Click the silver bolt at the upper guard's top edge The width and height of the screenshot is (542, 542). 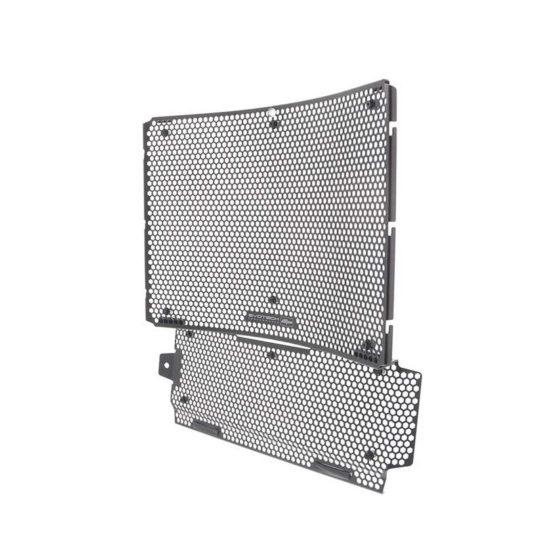click(271, 112)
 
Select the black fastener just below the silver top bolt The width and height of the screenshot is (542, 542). click(274, 124)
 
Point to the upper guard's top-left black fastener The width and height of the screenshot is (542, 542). click(165, 132)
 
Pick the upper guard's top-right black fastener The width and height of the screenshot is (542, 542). click(371, 104)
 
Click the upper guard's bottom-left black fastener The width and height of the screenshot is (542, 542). click(166, 312)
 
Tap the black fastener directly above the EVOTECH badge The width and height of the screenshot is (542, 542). click(272, 299)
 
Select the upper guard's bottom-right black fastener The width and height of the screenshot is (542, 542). click(369, 344)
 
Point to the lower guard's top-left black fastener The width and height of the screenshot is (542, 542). click(189, 333)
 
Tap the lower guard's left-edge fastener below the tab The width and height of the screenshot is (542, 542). click(184, 399)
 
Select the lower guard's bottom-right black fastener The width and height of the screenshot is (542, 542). click(369, 455)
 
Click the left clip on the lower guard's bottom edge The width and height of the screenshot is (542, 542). click(206, 428)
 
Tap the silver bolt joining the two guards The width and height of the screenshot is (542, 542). click(381, 370)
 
